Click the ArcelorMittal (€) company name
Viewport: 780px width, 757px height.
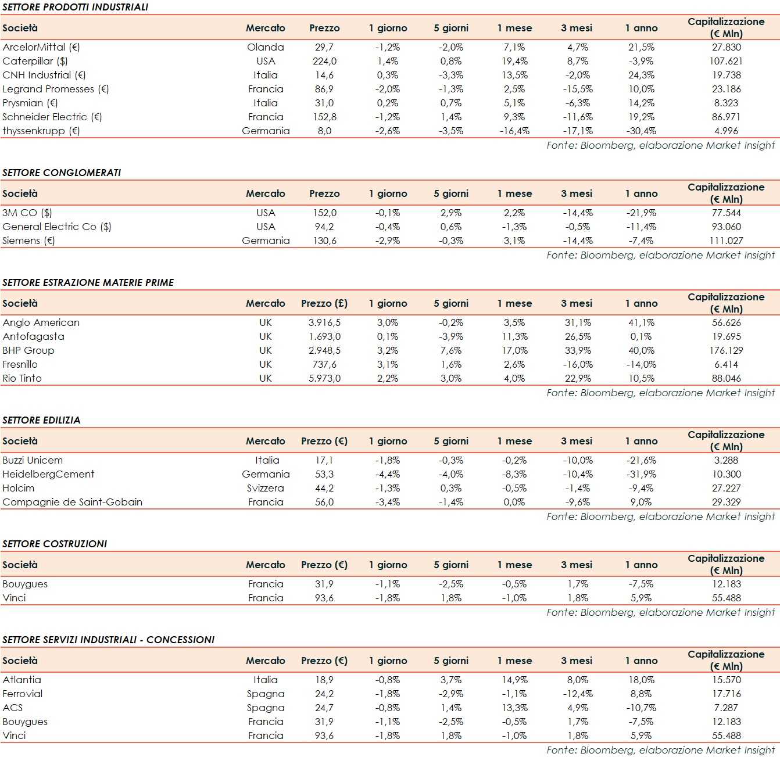(41, 47)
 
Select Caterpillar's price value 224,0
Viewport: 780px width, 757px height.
(324, 61)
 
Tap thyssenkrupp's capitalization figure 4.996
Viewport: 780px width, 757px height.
(726, 131)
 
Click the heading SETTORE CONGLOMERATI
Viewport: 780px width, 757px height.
(62, 173)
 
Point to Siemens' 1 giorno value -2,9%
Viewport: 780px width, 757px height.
(388, 241)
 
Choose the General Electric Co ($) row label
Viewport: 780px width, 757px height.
(57, 227)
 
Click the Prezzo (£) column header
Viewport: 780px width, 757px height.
(324, 303)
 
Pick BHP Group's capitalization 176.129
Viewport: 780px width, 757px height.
(726, 350)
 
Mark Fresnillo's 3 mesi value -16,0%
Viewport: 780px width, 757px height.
(578, 364)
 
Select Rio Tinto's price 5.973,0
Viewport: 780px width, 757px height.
(324, 378)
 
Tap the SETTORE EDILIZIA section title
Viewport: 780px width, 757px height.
(41, 420)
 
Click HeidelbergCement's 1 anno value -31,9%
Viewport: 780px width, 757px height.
(641, 474)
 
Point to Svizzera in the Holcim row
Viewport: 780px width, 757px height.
(266, 488)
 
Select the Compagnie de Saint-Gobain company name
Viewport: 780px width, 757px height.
(73, 502)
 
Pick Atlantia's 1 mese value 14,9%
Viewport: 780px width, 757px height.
(514, 680)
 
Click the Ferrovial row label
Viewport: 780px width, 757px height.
(23, 694)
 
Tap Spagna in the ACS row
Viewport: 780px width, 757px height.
(266, 708)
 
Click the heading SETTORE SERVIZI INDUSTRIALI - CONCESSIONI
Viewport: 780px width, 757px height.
(109, 640)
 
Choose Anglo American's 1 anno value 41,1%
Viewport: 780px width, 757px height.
(641, 322)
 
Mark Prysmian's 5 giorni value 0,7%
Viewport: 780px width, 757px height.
(451, 103)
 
